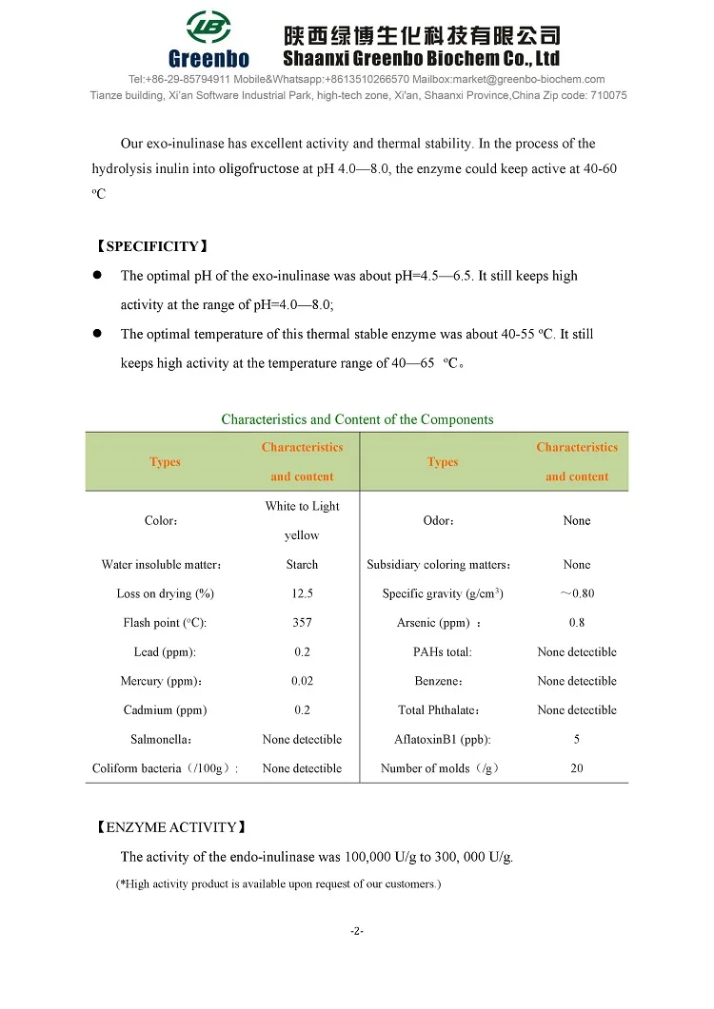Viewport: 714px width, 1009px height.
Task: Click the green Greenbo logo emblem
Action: coord(208,29)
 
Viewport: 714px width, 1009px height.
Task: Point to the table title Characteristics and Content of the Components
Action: coord(357,419)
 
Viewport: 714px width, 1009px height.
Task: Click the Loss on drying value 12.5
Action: coord(302,593)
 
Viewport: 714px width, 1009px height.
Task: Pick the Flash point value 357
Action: coord(302,623)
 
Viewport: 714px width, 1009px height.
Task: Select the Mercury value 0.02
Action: coord(302,681)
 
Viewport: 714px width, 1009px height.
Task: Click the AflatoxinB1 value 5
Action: coord(577,739)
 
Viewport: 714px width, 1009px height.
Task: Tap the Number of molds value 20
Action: coord(577,768)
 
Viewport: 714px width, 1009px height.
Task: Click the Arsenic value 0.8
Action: coord(577,623)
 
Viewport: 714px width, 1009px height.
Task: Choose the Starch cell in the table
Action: coord(302,565)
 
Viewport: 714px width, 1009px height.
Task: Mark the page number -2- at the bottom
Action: coord(357,931)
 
